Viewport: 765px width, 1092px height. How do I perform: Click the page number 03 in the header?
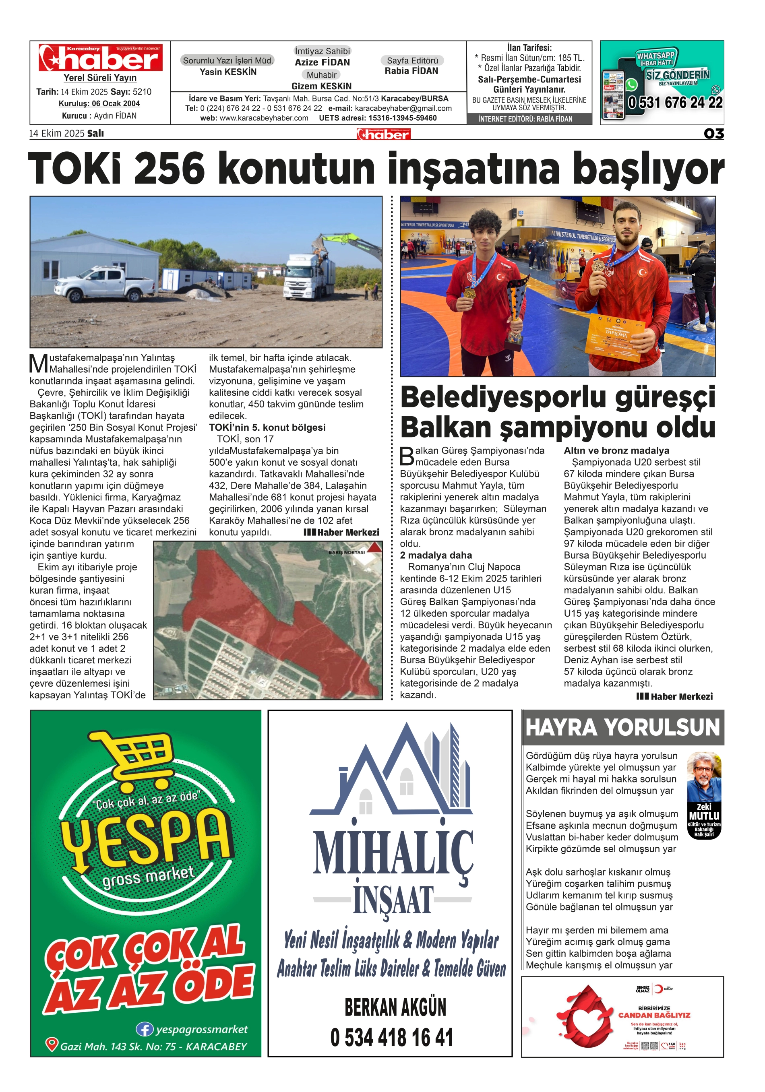click(713, 134)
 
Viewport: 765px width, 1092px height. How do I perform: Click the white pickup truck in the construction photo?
click(105, 284)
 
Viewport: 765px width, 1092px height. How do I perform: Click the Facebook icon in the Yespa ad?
click(144, 1029)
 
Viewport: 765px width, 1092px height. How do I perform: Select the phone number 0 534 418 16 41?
click(391, 1038)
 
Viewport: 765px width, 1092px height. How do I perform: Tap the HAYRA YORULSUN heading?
click(622, 728)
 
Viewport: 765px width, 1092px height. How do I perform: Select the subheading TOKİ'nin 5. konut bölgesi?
click(267, 427)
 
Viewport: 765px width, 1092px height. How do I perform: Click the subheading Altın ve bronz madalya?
click(616, 450)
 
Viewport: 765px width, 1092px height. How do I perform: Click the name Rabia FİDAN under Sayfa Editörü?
click(411, 71)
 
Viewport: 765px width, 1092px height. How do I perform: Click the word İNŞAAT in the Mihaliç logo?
click(393, 900)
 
